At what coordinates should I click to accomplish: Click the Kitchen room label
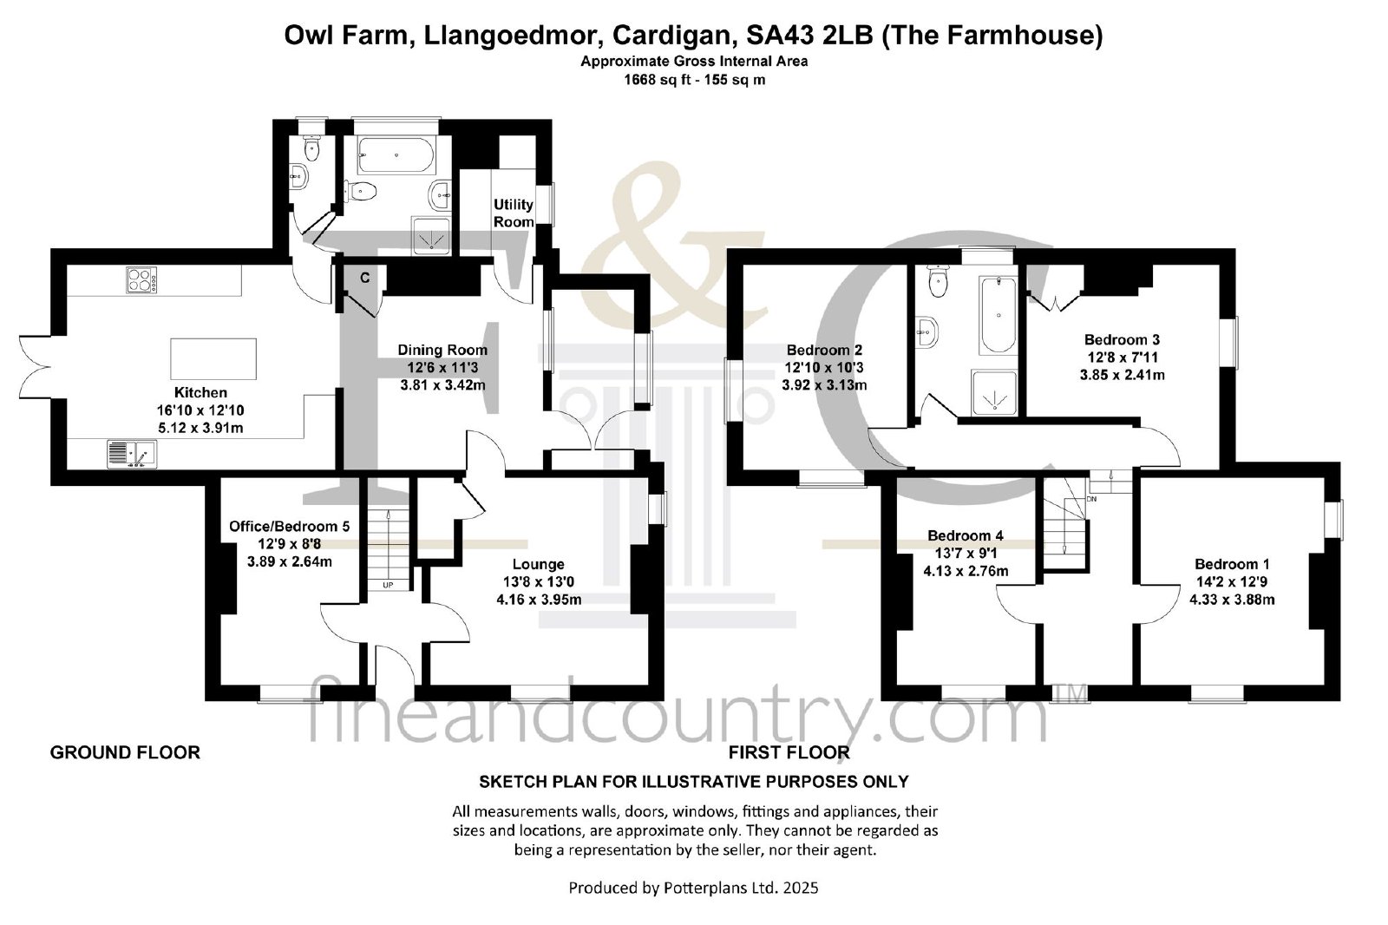coord(200,392)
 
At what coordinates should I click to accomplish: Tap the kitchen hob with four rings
coord(142,279)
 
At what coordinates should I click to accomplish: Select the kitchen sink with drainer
coord(132,453)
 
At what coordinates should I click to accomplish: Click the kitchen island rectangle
coord(213,359)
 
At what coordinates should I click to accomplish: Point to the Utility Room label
coord(513,213)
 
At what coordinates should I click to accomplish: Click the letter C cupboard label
coord(365,279)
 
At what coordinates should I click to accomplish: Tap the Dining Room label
coord(442,350)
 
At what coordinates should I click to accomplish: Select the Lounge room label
coord(539,564)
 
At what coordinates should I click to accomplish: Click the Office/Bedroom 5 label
coord(290,527)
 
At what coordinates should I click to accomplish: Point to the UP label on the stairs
coord(388,585)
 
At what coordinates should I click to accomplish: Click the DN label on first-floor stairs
coord(1091,498)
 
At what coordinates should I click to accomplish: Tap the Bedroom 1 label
coord(1232,564)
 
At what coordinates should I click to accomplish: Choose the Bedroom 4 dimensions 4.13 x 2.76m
coord(966,571)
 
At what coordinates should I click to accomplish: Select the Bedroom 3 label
coord(1122,340)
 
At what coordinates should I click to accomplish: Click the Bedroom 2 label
coord(824,350)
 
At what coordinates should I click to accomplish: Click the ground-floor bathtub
coord(396,154)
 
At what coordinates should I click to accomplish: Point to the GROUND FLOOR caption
coord(125,752)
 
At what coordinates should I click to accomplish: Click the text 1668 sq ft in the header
coord(654,80)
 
